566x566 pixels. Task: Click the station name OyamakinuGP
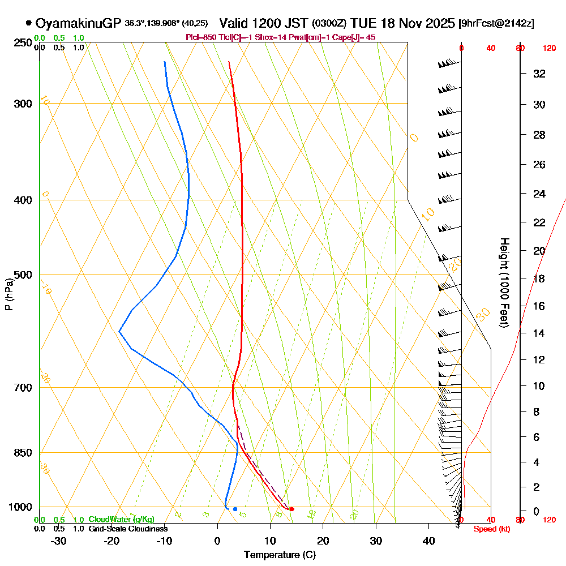(x=78, y=23)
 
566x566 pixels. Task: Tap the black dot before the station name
(x=28, y=23)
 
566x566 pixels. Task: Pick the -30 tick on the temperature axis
(x=59, y=541)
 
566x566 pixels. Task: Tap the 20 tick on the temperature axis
(x=323, y=541)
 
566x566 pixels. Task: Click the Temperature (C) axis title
(x=280, y=555)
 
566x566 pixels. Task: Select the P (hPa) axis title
(x=8, y=294)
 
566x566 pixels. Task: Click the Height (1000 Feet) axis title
(x=503, y=282)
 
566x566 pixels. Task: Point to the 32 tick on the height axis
(x=539, y=74)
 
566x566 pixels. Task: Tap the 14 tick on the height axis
(x=539, y=333)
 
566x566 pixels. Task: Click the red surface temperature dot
(x=291, y=509)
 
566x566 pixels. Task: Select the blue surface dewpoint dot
(x=235, y=509)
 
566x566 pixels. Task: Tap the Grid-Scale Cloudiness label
(x=128, y=529)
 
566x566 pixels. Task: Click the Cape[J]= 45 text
(x=356, y=37)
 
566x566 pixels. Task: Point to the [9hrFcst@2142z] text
(x=496, y=24)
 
